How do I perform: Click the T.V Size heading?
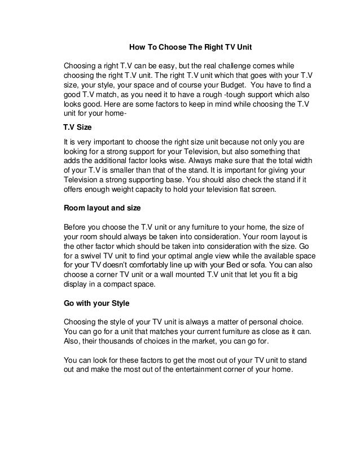coord(77,128)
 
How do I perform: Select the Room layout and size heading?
coord(102,207)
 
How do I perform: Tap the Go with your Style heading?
coord(96,304)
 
